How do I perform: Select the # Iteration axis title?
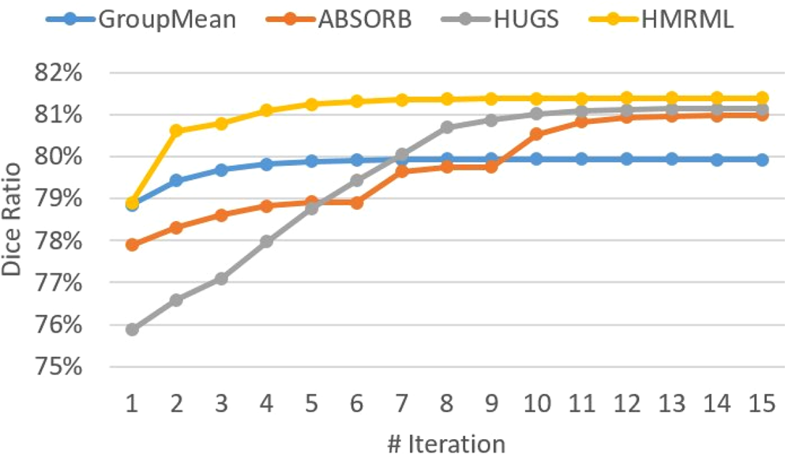446,443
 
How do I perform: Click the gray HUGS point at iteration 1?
132,329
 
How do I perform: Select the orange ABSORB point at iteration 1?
132,245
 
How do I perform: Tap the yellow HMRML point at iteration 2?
177,130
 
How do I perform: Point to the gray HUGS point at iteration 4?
267,242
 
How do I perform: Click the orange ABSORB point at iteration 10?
537,134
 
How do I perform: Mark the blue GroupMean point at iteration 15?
761,160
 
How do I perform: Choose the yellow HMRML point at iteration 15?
761,98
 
